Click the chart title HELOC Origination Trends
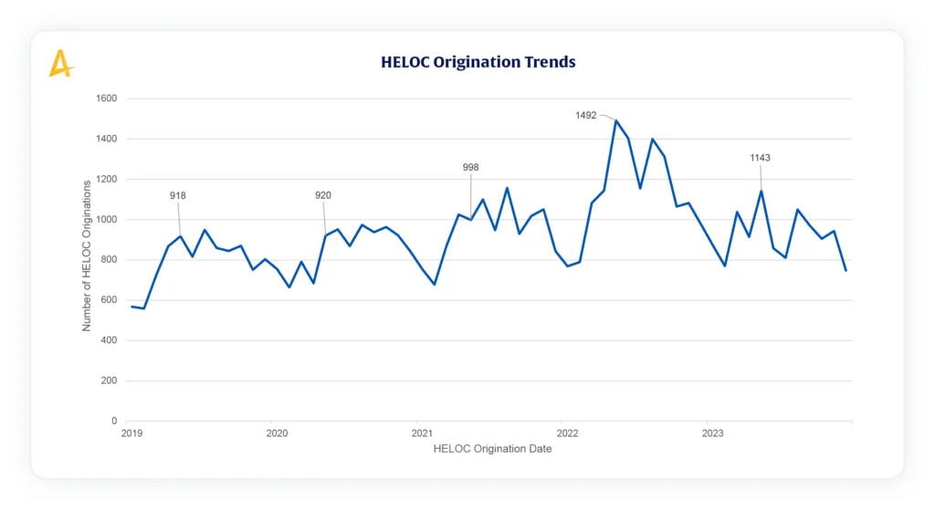(478, 62)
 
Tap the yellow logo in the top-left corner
(60, 63)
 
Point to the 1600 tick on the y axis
(106, 99)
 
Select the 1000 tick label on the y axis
(106, 220)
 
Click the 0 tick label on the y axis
(113, 421)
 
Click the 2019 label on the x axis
(131, 433)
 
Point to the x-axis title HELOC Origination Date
(492, 448)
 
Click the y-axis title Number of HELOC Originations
(87, 255)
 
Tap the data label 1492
(586, 116)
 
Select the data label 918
(178, 195)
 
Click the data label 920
(323, 195)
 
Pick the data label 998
(470, 167)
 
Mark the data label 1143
(760, 158)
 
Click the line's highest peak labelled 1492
(615, 120)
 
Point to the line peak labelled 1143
(762, 191)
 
